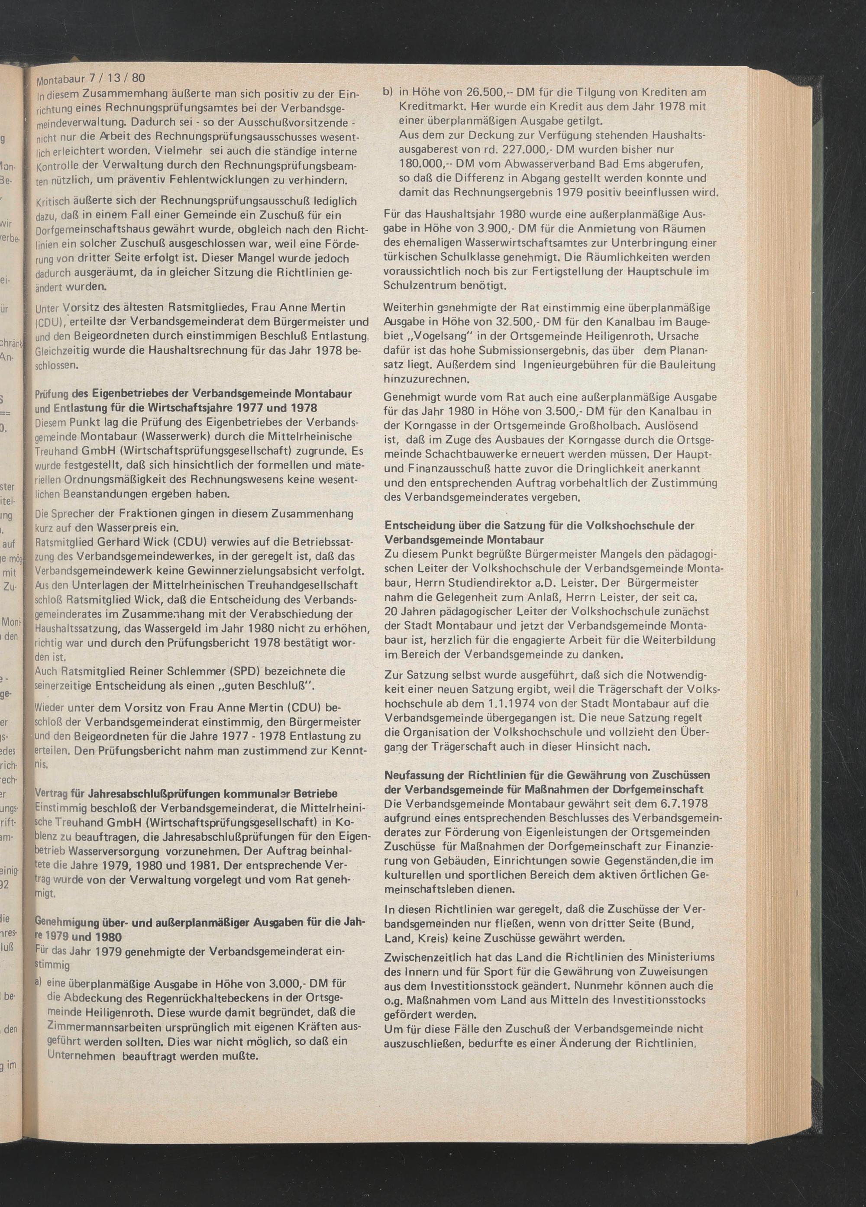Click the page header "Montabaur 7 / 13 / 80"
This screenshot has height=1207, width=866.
tap(90, 79)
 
